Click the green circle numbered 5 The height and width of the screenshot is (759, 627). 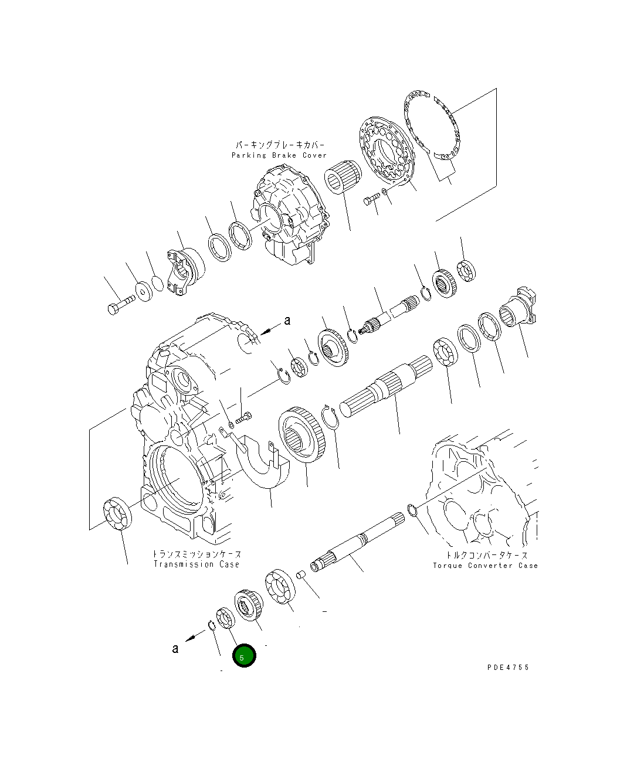244,656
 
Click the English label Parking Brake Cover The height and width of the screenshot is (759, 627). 279,155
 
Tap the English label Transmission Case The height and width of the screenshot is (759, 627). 196,564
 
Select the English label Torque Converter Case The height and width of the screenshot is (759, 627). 485,566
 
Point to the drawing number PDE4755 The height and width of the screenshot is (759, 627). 508,668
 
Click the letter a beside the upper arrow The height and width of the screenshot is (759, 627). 287,321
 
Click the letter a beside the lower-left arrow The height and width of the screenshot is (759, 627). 175,649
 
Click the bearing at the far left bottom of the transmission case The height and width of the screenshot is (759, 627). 117,515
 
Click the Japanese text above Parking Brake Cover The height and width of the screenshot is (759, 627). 280,145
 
